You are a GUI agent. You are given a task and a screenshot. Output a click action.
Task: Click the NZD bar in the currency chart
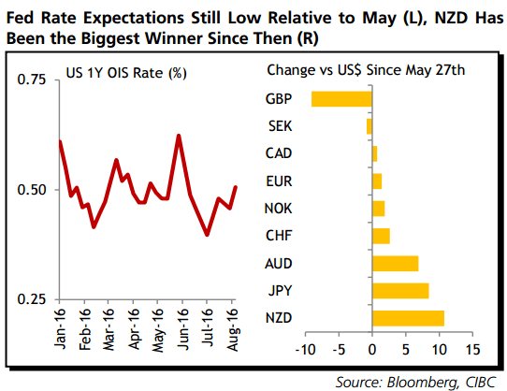tap(408, 318)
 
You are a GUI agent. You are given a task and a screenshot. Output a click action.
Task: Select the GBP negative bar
tap(341, 98)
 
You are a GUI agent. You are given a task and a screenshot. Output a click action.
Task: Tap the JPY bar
tap(400, 291)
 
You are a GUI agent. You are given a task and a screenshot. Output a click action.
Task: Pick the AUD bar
tap(395, 263)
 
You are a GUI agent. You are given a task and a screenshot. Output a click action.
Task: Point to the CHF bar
tap(381, 236)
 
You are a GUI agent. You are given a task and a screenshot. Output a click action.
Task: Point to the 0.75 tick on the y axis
tap(32, 80)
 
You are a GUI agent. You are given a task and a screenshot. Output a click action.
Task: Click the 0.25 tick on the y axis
tap(32, 299)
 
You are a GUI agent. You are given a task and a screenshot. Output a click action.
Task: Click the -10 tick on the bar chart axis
tap(305, 350)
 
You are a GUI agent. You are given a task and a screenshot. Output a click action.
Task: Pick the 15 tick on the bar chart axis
tap(471, 350)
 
